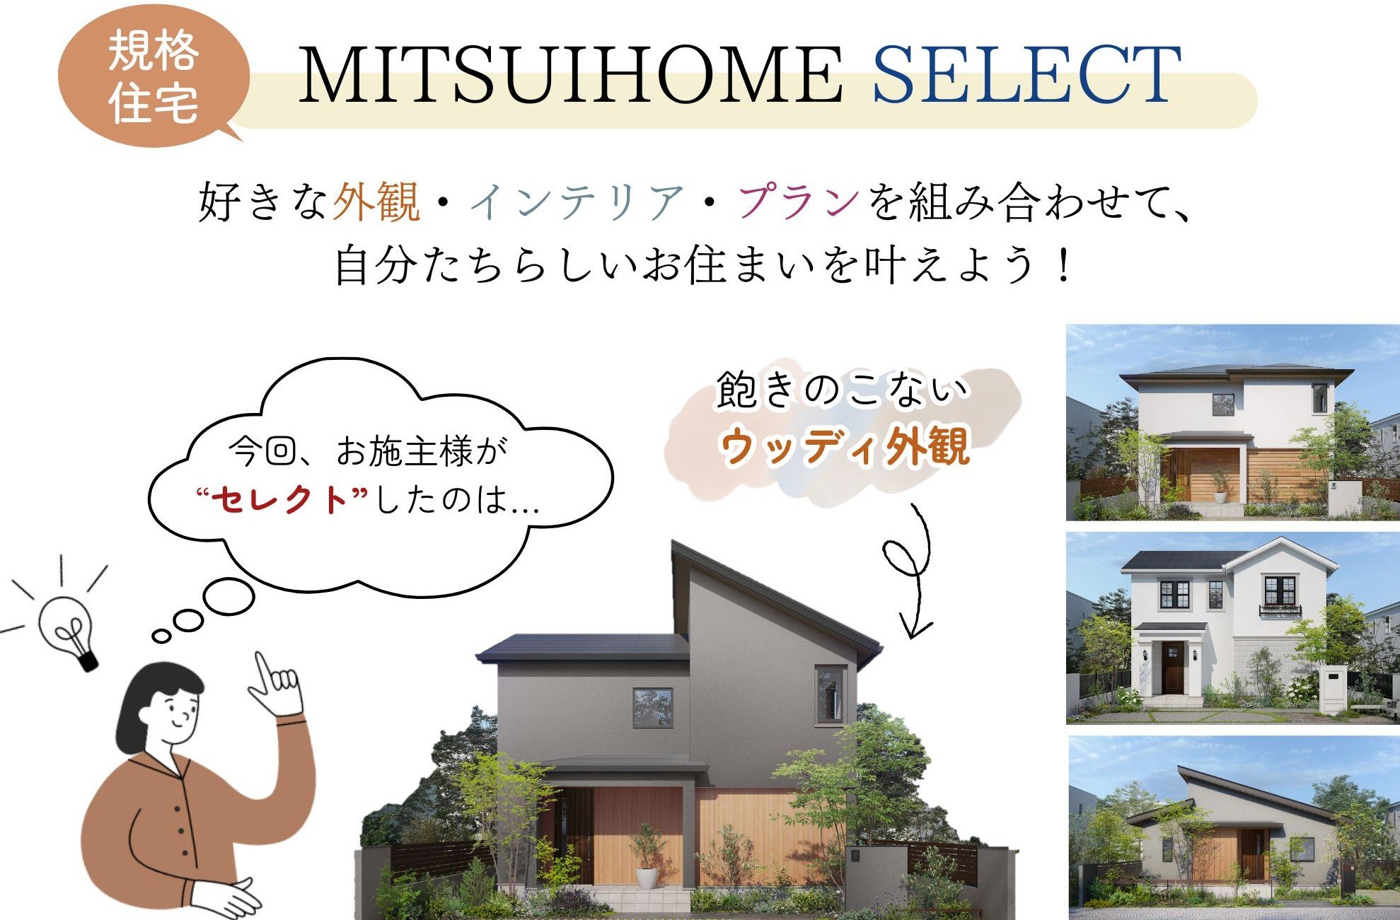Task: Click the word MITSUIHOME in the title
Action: click(x=569, y=75)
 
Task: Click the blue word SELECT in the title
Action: click(x=1026, y=75)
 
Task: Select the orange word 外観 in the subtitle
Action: click(x=376, y=202)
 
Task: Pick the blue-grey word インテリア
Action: click(x=577, y=202)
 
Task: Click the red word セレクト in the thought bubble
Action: click(x=282, y=500)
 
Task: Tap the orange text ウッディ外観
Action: click(x=844, y=446)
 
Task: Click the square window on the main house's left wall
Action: click(x=652, y=708)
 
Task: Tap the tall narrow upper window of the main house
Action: click(x=830, y=694)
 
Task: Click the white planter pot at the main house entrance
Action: click(x=647, y=875)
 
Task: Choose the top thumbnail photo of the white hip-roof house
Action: click(x=1232, y=422)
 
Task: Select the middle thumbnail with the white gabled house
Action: click(x=1232, y=628)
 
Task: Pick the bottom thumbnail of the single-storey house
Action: click(x=1232, y=827)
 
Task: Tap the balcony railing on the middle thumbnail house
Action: click(x=1280, y=610)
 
